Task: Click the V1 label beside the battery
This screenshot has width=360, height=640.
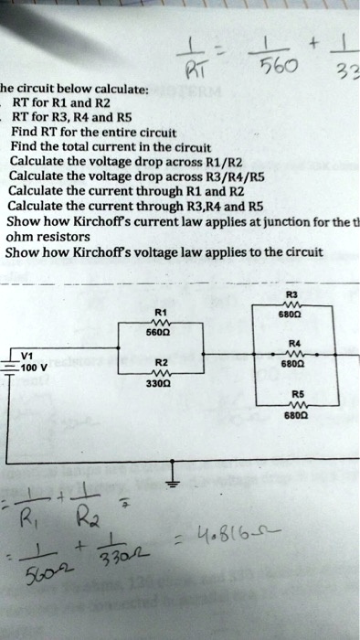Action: (x=26, y=357)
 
